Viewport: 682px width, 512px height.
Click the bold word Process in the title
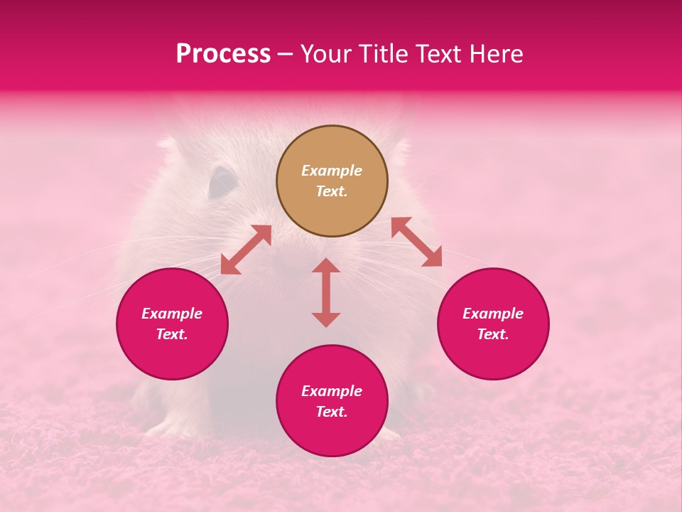(x=223, y=54)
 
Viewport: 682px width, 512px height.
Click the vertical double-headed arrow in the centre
(x=326, y=292)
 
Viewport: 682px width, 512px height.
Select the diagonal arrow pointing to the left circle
(x=246, y=250)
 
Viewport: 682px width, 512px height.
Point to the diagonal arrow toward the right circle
(x=416, y=242)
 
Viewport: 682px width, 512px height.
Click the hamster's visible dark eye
(x=222, y=183)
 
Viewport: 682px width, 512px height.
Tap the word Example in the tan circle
(x=332, y=171)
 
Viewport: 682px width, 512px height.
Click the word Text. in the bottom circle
(x=332, y=412)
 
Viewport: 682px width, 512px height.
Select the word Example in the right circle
(x=493, y=314)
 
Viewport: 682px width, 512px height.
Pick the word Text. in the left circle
(x=172, y=334)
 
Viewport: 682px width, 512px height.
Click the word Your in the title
(x=325, y=54)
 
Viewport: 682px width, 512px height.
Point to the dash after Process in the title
(x=286, y=55)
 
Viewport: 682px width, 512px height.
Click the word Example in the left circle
(x=172, y=314)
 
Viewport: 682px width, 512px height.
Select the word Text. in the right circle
(x=493, y=334)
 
